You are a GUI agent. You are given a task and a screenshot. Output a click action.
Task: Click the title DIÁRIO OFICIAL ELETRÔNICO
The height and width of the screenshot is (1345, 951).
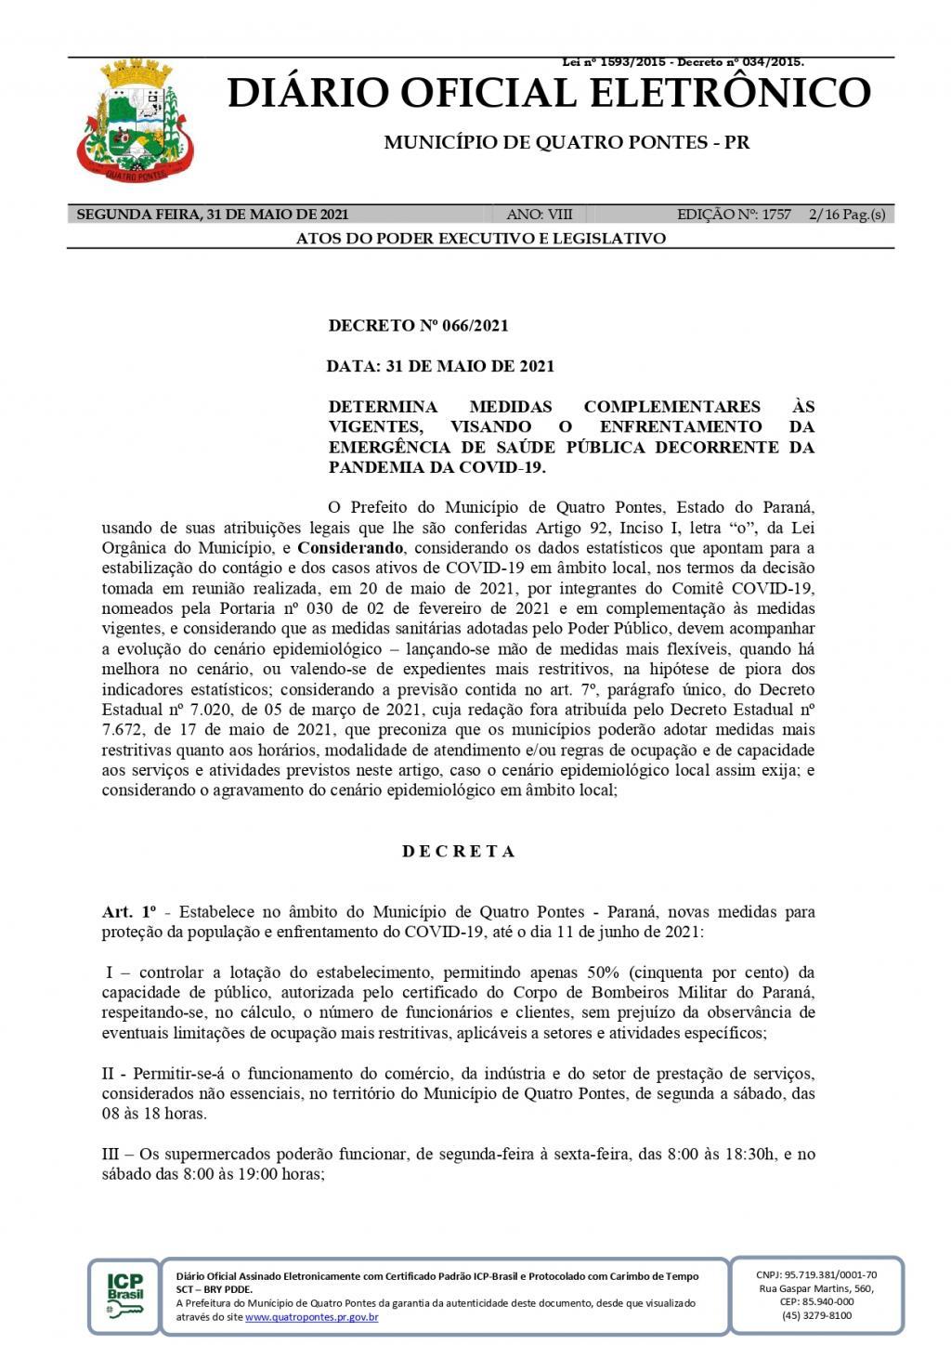[x=549, y=94]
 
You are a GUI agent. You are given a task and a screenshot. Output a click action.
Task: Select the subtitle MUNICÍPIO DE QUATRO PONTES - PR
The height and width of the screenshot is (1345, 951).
[x=567, y=143]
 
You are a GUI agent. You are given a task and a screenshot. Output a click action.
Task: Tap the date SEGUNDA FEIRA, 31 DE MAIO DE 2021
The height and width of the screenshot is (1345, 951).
[x=212, y=215]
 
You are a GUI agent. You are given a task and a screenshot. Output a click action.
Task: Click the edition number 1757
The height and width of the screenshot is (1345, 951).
[x=775, y=215]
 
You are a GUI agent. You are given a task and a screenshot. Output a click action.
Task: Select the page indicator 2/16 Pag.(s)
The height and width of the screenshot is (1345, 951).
[x=847, y=215]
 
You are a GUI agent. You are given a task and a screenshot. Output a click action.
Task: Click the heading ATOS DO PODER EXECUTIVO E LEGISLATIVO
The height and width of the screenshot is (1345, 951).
[x=480, y=239]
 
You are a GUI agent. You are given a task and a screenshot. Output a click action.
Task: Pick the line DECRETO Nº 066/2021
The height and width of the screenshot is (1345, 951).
[x=418, y=326]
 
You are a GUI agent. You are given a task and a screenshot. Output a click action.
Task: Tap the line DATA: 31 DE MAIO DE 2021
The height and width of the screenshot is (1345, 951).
[x=440, y=366]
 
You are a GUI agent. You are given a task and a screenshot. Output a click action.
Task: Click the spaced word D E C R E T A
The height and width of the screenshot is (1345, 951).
[x=459, y=851]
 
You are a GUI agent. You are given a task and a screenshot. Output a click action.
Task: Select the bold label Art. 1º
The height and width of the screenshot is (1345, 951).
[x=129, y=912]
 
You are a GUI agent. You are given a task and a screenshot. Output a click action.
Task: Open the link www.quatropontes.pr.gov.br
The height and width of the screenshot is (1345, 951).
[x=311, y=1317]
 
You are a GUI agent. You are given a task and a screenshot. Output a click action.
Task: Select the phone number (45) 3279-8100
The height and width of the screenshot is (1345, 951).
[x=816, y=1315]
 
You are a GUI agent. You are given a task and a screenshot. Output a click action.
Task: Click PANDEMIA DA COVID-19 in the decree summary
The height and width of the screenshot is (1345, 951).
[x=436, y=467]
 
